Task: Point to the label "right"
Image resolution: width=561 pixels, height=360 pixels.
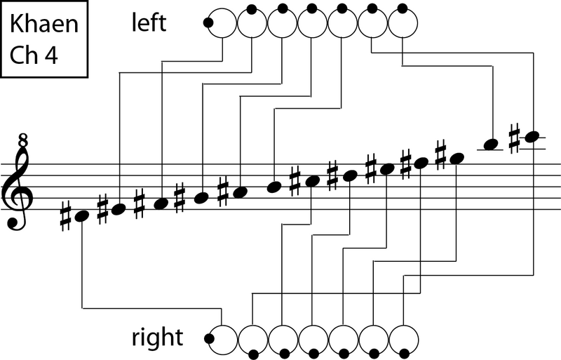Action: [157, 338]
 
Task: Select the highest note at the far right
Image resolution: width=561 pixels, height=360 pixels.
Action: [532, 135]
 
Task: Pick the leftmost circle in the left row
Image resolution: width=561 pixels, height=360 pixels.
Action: [222, 23]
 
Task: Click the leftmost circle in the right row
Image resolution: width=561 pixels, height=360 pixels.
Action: [224, 339]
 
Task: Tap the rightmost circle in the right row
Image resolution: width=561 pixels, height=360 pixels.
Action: [403, 339]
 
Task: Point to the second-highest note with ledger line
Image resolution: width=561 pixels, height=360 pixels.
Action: [492, 144]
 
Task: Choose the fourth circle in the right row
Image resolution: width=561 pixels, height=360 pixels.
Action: [313, 339]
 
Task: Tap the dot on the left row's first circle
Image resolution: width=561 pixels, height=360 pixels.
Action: [208, 23]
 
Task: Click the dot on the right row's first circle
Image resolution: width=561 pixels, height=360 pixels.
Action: [209, 339]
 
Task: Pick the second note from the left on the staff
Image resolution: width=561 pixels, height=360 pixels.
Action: [119, 208]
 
